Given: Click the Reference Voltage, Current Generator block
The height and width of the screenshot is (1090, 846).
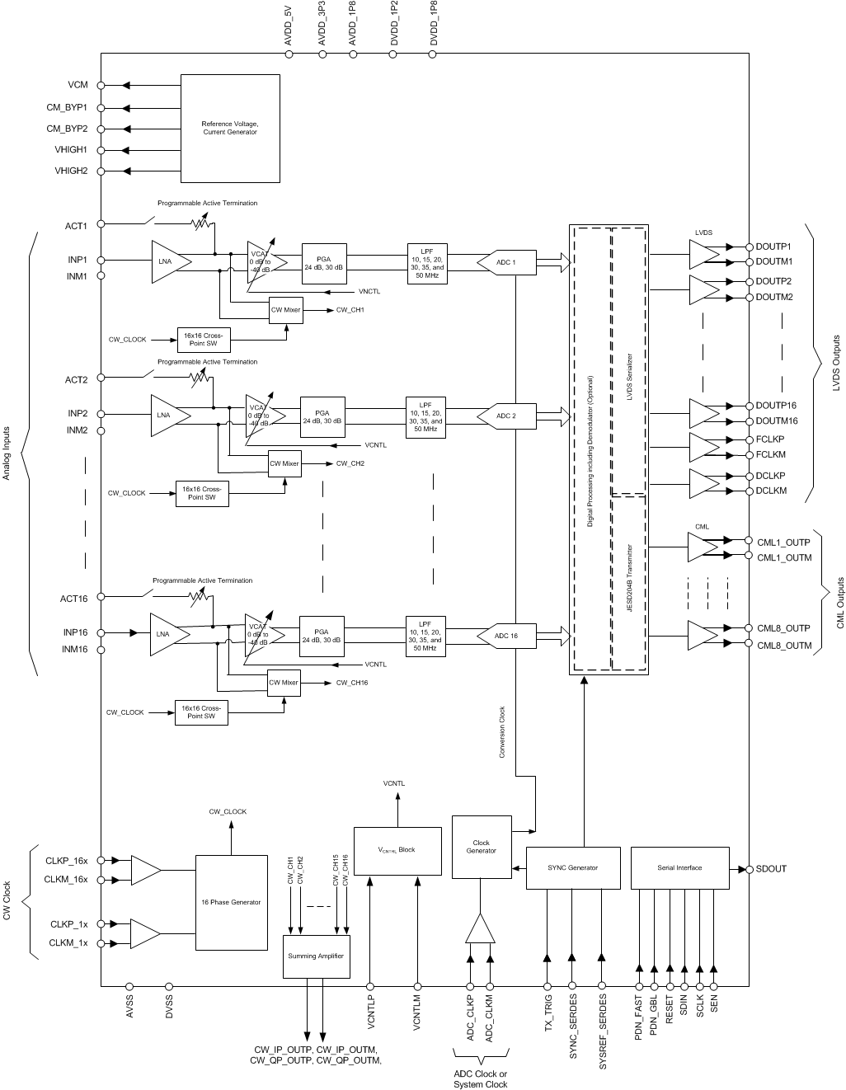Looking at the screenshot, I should pyautogui.click(x=230, y=128).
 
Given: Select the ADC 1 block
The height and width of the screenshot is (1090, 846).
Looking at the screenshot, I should pyautogui.click(x=506, y=263).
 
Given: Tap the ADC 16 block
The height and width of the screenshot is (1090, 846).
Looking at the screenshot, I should pyautogui.click(x=505, y=636).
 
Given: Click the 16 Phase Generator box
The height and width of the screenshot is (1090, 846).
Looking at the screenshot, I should pyautogui.click(x=231, y=902).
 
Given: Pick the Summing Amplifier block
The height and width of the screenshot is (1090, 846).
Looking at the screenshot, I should pyautogui.click(x=316, y=956).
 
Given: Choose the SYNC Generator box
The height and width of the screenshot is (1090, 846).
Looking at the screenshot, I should pyautogui.click(x=572, y=867).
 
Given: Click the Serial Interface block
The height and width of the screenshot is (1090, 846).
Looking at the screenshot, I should pyautogui.click(x=679, y=867).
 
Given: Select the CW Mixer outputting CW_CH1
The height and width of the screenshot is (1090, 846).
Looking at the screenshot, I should pyautogui.click(x=286, y=311).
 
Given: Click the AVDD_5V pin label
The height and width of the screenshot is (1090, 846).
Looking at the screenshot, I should pyautogui.click(x=289, y=25).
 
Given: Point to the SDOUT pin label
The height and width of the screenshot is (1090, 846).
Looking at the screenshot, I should pyautogui.click(x=771, y=868).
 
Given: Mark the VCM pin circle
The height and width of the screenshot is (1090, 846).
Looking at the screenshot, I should pyautogui.click(x=101, y=85).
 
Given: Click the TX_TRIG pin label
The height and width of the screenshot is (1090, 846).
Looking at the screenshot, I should pyautogui.click(x=548, y=1014).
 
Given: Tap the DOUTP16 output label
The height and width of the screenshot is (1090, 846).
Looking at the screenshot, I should pyautogui.click(x=776, y=405).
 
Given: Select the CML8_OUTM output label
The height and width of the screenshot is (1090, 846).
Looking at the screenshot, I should pyautogui.click(x=784, y=646).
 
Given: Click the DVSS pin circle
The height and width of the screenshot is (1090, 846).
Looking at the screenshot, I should pyautogui.click(x=169, y=985).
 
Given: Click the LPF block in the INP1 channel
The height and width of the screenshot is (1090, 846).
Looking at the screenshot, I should pyautogui.click(x=427, y=263).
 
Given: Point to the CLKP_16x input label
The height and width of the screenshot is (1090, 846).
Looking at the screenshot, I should pyautogui.click(x=67, y=861).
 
